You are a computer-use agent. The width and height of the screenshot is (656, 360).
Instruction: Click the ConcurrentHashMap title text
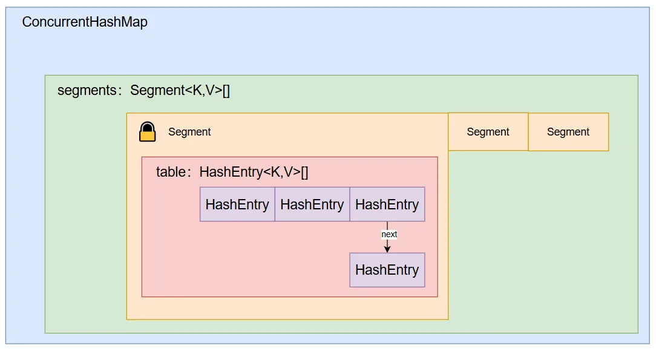click(x=85, y=22)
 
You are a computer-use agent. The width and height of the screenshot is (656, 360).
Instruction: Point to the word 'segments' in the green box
click(x=86, y=91)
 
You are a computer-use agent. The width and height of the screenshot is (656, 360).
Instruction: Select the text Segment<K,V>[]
click(x=180, y=91)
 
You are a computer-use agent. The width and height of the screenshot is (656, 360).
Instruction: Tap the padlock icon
click(x=147, y=131)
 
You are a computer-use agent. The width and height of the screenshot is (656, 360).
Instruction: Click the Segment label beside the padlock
click(x=189, y=132)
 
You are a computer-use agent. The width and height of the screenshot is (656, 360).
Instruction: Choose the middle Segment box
click(x=488, y=132)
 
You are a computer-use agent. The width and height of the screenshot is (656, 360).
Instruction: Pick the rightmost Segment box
click(x=568, y=132)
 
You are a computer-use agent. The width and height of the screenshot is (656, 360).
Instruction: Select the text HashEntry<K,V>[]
click(x=254, y=172)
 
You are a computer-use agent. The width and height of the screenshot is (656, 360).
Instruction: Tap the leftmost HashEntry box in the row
click(x=237, y=205)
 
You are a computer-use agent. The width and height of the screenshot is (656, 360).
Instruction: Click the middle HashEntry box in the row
click(x=312, y=205)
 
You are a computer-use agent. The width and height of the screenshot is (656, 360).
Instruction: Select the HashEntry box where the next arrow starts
click(x=387, y=205)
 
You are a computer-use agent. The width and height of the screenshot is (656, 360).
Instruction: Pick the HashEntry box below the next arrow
click(x=387, y=270)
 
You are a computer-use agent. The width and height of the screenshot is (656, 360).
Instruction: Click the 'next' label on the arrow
click(x=389, y=234)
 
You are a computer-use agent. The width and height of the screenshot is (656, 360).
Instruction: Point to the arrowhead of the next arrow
click(x=387, y=249)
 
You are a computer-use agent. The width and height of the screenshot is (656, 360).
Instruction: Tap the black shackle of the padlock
click(x=147, y=126)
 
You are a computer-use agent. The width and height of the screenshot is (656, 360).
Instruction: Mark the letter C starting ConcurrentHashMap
click(x=27, y=22)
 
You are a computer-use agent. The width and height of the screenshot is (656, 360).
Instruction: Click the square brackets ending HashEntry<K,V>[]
click(x=304, y=172)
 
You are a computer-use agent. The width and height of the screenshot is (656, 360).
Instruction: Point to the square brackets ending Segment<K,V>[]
click(x=226, y=91)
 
